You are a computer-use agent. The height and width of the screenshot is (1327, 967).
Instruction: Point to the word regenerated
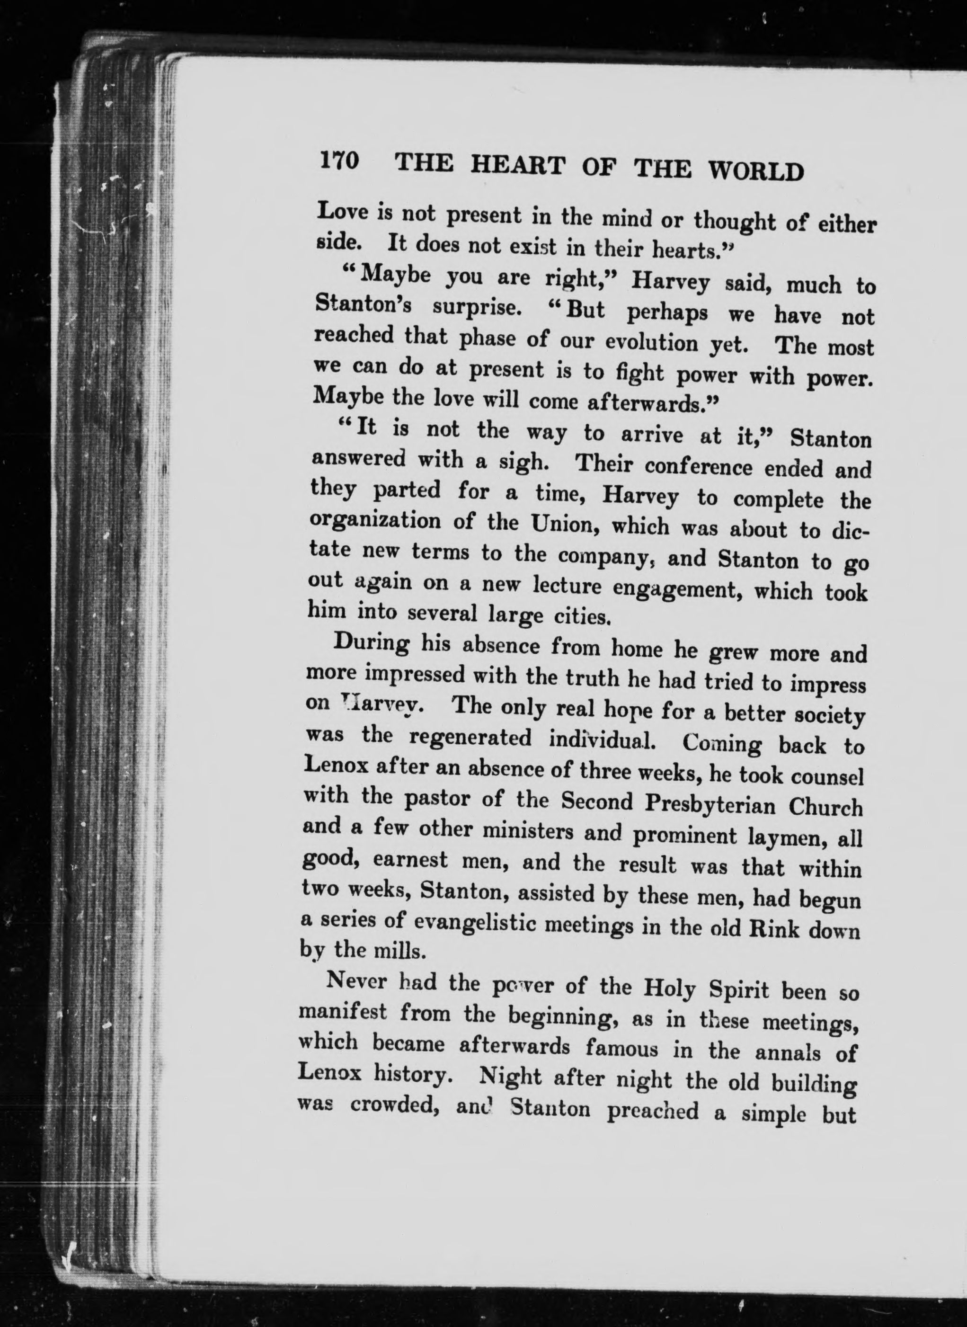point(470,738)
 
